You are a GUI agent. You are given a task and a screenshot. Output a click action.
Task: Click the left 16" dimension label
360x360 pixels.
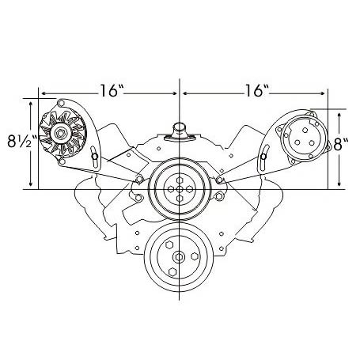coord(112,90)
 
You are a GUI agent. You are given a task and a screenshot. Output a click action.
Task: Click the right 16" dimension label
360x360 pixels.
coord(256,90)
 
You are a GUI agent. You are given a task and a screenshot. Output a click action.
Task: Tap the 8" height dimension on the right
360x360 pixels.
coord(341,144)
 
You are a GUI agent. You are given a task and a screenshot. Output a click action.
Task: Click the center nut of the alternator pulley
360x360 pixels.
coord(60,134)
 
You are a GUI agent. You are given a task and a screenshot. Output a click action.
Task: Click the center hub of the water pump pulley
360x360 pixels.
coord(180,189)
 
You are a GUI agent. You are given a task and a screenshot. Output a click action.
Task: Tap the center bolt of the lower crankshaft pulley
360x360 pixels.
coord(179,256)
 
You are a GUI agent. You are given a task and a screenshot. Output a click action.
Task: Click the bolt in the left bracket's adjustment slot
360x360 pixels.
coord(95,157)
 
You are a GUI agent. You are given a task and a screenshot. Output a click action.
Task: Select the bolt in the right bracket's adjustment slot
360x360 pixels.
coord(263,157)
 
